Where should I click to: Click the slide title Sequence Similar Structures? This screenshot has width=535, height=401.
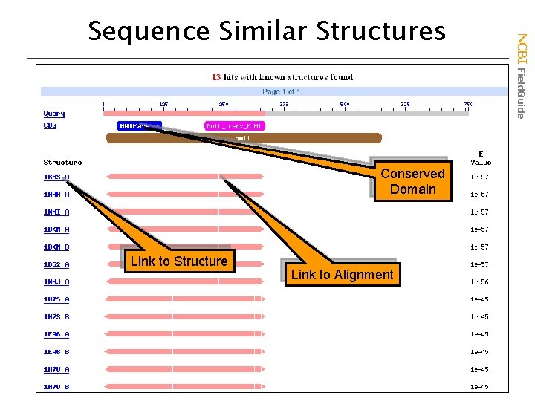(x=267, y=30)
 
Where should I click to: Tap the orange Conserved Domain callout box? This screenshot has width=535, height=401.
(x=412, y=181)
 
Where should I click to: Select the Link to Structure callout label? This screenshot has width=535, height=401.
(x=178, y=261)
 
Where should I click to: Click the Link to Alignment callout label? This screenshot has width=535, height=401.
(x=342, y=275)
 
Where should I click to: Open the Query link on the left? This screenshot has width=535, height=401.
(x=54, y=114)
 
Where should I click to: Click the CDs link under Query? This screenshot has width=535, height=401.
(x=50, y=125)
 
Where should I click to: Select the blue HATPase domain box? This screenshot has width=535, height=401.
(x=139, y=126)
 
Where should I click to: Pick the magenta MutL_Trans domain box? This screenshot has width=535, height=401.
(x=235, y=126)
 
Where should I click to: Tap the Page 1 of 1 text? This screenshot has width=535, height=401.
(x=281, y=91)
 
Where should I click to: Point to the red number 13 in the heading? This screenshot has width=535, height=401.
(x=216, y=76)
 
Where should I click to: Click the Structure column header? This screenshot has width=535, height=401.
(x=62, y=162)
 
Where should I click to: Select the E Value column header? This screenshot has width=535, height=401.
(x=480, y=158)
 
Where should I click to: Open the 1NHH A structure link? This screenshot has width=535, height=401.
(x=56, y=195)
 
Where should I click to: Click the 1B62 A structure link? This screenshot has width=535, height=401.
(x=56, y=264)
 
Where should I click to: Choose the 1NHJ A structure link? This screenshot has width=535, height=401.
(x=56, y=282)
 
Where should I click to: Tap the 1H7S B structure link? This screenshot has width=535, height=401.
(x=56, y=317)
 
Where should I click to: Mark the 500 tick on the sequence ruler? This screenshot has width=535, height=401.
(x=345, y=105)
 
